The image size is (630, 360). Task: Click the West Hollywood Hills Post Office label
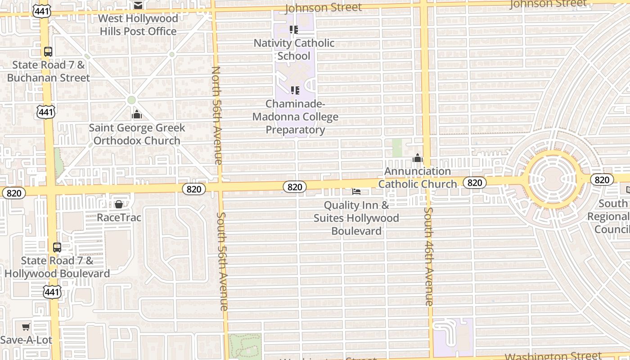(x=138, y=25)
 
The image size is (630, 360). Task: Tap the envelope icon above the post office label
(x=138, y=5)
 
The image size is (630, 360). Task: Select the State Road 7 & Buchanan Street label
(x=49, y=71)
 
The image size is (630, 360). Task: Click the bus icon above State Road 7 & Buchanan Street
(x=48, y=52)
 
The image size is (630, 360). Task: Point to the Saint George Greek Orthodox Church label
(x=137, y=134)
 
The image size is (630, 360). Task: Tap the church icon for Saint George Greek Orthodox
(x=137, y=115)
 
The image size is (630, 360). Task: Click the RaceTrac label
(x=119, y=218)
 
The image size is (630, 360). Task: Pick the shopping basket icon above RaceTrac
(x=119, y=205)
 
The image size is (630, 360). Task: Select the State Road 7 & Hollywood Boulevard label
(x=57, y=267)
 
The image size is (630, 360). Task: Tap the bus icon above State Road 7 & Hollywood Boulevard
(x=57, y=247)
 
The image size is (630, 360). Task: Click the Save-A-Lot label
(x=26, y=340)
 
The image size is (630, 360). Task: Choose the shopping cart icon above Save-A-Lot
(x=26, y=327)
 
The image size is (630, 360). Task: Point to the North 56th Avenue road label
(x=216, y=115)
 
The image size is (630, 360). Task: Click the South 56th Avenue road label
(x=223, y=261)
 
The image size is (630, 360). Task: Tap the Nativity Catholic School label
(x=294, y=49)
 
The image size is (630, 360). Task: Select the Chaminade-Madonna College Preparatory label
(x=295, y=117)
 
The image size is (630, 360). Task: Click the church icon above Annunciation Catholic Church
(x=418, y=158)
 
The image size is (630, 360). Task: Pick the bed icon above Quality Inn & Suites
(x=356, y=192)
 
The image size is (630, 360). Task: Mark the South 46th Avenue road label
(x=429, y=256)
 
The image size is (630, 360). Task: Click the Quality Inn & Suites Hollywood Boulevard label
(x=356, y=218)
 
